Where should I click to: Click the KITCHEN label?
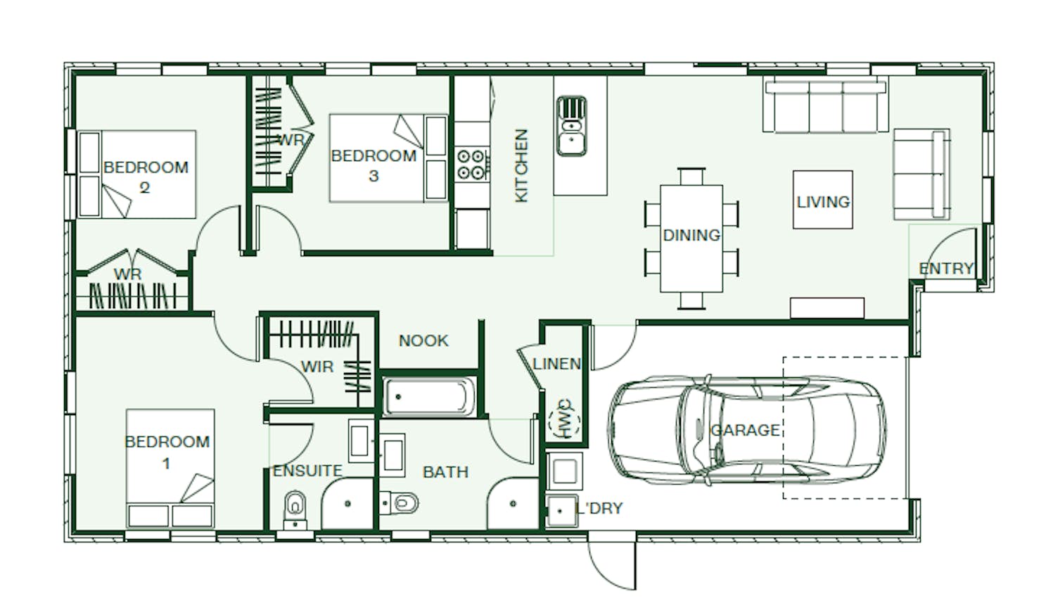coord(522,165)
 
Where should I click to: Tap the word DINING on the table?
coord(691,235)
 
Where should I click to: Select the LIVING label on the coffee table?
coord(823,202)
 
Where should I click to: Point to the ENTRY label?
coord(946,268)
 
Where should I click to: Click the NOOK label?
coord(423,341)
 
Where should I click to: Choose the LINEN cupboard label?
coord(557,364)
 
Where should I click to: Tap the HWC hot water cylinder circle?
coord(564,420)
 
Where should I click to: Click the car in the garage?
coord(747,430)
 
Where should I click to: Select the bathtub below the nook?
coord(429,397)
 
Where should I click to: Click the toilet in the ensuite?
coord(295,509)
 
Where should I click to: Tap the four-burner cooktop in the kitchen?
coord(471,165)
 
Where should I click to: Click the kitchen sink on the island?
coord(572,126)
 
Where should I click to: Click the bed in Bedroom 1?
coord(170,469)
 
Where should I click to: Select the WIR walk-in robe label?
coord(317,367)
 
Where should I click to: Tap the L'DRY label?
coord(599,508)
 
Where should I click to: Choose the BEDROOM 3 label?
coord(373,165)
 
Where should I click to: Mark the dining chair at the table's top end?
coord(691,176)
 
